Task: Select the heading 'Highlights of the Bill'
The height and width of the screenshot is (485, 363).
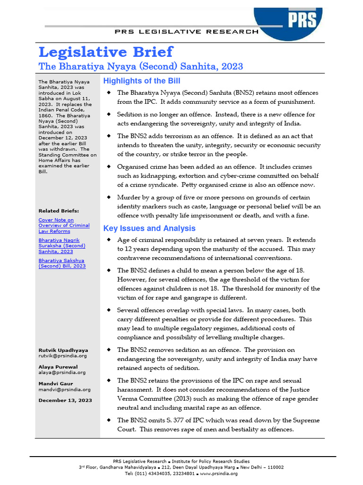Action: [141, 81]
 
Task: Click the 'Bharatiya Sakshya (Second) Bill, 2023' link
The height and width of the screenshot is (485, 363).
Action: [62, 263]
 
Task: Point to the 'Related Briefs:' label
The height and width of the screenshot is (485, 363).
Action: [59, 211]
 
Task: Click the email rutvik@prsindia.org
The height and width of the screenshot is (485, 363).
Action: [62, 356]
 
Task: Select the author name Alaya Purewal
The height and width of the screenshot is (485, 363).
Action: [58, 367]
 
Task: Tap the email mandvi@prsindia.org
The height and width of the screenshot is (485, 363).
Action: [64, 389]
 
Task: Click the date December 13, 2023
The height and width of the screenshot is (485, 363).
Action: [65, 400]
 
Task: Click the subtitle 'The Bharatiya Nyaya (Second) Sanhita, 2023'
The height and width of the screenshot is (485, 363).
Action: [140, 66]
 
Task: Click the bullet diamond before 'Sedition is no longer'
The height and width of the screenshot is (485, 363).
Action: [108, 114]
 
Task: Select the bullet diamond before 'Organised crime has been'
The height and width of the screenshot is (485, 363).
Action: [108, 166]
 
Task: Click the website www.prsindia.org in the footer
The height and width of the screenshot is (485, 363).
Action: [218, 473]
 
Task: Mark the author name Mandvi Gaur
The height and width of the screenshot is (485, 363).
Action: [54, 383]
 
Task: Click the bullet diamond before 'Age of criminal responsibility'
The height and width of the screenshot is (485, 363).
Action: [108, 240]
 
